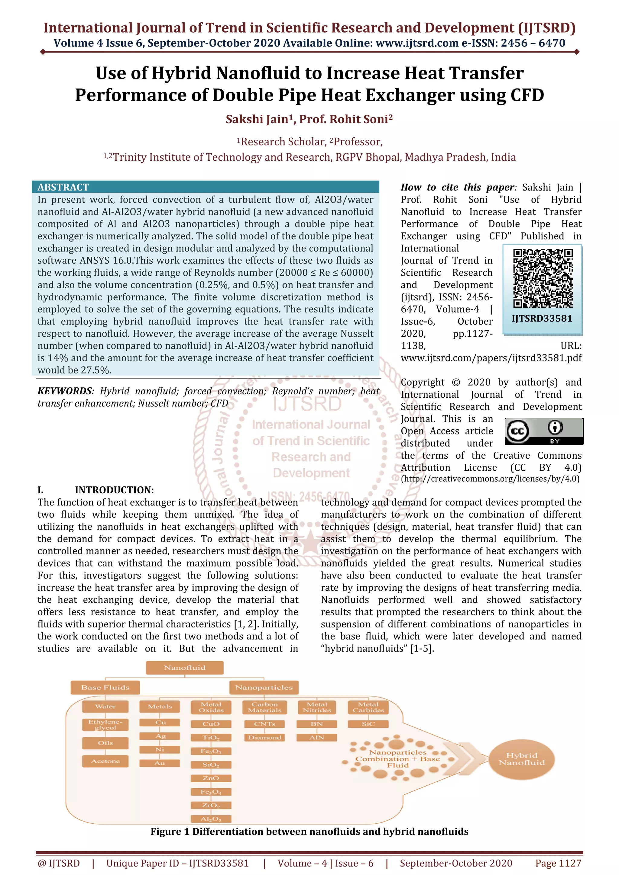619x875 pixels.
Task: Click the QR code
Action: [543, 278]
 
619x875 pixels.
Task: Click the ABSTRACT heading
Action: [63, 187]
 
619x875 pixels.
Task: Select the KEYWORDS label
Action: [66, 391]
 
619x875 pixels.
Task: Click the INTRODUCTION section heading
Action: [114, 490]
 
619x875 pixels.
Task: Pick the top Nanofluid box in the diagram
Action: [185, 668]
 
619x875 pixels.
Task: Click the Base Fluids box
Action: [105, 687]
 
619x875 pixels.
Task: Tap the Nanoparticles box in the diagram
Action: [264, 687]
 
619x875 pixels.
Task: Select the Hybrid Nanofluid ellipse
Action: [521, 759]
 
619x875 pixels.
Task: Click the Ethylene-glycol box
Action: [105, 724]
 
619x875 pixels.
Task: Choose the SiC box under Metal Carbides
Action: [368, 724]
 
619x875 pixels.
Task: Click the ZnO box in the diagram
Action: [211, 778]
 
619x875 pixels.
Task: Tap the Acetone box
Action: [105, 761]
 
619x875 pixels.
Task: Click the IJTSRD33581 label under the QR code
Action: [542, 319]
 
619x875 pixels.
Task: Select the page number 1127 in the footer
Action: [558, 863]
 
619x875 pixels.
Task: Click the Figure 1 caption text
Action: [309, 832]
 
